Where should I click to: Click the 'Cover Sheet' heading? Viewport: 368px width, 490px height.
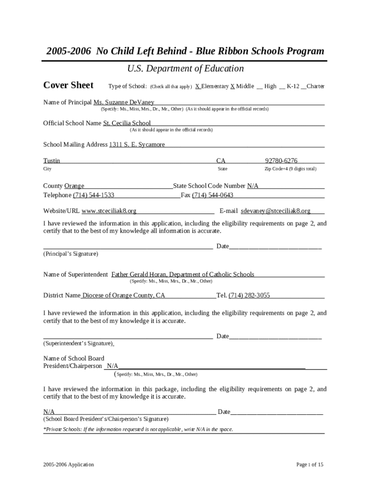click(68, 85)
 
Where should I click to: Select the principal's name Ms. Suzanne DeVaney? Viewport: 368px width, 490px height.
click(124, 102)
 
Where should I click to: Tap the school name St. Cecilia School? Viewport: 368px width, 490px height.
click(127, 123)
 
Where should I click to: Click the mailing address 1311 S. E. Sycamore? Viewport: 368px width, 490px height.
click(137, 145)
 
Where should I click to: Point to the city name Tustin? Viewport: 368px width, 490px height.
click(52, 161)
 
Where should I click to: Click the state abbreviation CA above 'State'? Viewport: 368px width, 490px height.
click(221, 161)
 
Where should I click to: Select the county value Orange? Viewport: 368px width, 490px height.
click(74, 186)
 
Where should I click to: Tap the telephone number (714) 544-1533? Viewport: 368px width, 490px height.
click(93, 195)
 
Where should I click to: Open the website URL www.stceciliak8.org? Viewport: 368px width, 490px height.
click(109, 211)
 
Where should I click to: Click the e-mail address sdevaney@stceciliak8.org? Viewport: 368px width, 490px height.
click(275, 211)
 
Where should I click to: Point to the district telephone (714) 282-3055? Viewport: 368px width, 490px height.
click(249, 295)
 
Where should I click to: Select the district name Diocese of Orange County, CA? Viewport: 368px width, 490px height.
click(123, 295)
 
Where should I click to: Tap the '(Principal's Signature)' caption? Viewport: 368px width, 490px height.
click(71, 254)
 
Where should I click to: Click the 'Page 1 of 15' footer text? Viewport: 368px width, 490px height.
click(310, 465)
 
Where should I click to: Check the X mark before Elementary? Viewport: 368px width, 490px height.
click(197, 86)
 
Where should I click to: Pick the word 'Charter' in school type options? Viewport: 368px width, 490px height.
click(315, 86)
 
